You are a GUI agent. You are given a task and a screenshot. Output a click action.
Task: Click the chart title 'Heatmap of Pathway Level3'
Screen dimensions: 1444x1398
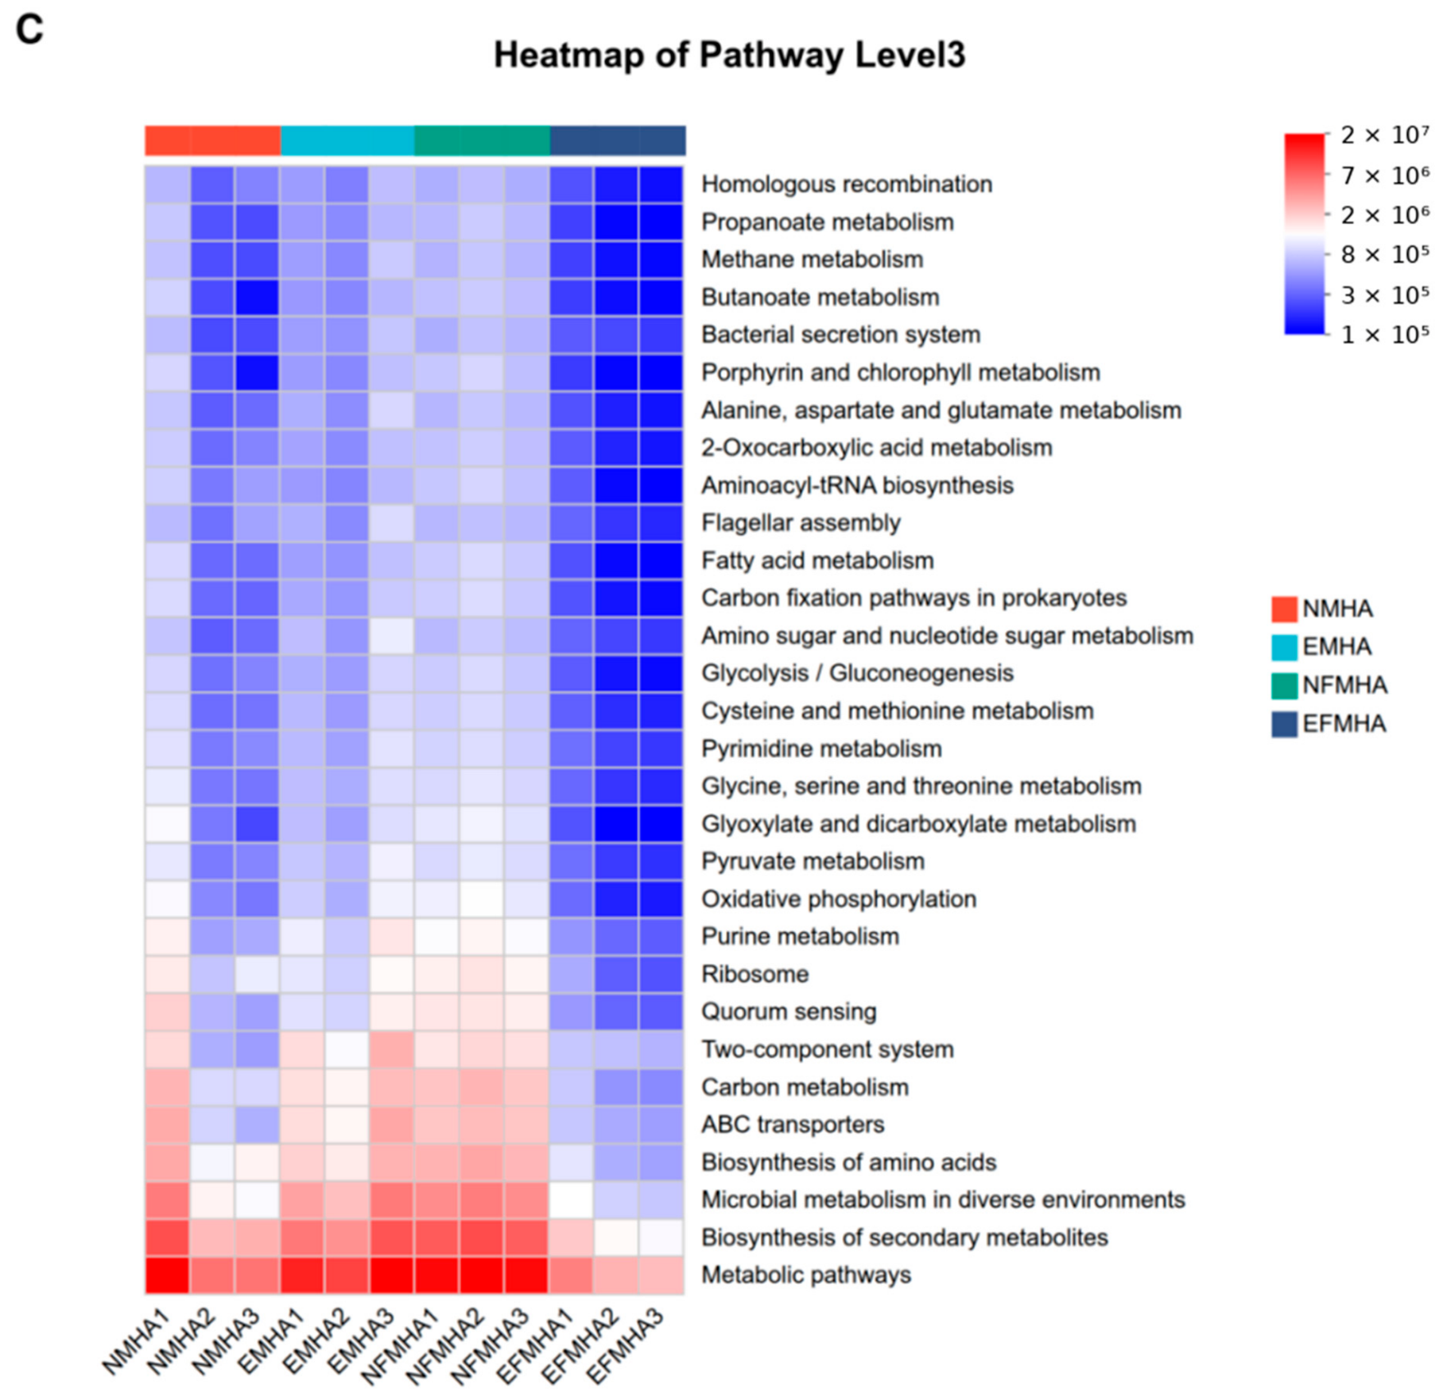tap(729, 55)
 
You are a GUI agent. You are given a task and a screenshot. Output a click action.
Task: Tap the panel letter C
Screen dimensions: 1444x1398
tap(30, 30)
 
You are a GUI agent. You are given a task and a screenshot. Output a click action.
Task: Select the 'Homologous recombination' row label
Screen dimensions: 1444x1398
tap(847, 184)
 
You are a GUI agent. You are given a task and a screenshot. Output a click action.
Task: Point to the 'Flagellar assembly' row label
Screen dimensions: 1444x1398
tap(801, 523)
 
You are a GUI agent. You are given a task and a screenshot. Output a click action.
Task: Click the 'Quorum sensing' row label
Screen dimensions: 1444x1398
tap(788, 1012)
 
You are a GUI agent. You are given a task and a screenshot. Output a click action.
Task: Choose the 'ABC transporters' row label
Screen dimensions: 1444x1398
tap(793, 1124)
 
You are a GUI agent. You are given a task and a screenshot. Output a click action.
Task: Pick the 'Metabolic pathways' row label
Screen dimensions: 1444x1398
tap(806, 1275)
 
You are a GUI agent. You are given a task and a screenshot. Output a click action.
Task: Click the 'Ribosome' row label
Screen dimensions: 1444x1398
tap(755, 974)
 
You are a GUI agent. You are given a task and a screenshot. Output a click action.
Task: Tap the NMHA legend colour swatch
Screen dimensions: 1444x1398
tap(1284, 609)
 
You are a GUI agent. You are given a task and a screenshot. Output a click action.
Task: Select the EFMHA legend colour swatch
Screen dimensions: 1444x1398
tap(1284, 724)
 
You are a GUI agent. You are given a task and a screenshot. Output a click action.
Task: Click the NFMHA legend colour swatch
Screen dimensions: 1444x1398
tap(1284, 685)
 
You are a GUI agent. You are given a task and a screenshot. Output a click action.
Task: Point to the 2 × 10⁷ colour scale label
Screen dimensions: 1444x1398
tap(1385, 135)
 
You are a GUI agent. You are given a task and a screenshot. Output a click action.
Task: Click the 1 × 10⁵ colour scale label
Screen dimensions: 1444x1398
tap(1385, 334)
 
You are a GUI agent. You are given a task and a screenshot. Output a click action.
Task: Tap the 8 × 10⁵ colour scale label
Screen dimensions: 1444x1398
tap(1385, 254)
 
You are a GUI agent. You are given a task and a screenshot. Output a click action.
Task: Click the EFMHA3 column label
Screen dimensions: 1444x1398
tap(625, 1345)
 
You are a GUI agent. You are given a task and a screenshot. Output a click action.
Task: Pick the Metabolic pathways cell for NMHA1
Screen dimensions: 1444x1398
tap(167, 1276)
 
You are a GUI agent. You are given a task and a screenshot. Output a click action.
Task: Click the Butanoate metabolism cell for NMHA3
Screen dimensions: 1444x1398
tap(257, 298)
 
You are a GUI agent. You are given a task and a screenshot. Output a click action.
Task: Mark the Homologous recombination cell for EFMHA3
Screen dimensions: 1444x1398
tap(661, 185)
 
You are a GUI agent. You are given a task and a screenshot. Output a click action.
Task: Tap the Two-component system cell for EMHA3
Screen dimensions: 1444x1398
tap(391, 1050)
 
